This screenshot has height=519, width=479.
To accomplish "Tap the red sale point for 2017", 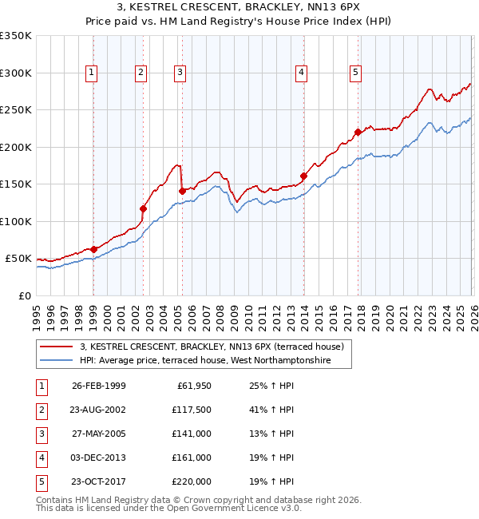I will point(358,133).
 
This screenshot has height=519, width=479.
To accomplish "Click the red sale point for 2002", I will point(144,209).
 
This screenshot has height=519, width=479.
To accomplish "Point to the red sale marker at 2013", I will point(303,176).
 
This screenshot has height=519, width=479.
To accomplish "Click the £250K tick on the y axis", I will point(16,110).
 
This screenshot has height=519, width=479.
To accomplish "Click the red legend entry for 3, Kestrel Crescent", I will point(212,347).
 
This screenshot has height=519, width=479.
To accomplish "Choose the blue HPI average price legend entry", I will point(216,361).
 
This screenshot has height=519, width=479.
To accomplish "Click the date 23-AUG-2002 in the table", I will point(99,410).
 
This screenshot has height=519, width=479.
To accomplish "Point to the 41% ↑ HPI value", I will point(271,410).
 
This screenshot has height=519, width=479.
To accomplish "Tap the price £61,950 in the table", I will point(192,386).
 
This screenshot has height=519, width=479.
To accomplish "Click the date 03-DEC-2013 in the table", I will point(99,458).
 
